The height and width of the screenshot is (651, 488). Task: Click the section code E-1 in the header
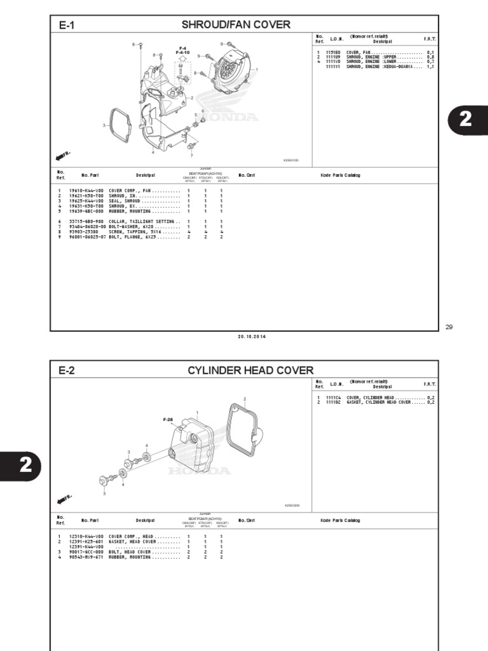(67, 25)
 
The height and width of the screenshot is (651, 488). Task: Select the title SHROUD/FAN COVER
(236, 25)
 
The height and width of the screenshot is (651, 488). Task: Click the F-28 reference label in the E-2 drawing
(168, 420)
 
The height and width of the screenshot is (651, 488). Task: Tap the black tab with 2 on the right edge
(468, 120)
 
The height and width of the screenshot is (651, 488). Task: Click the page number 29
(449, 327)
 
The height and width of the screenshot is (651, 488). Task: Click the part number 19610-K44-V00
(85, 190)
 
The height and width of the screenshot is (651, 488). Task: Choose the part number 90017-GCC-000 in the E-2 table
(85, 552)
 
